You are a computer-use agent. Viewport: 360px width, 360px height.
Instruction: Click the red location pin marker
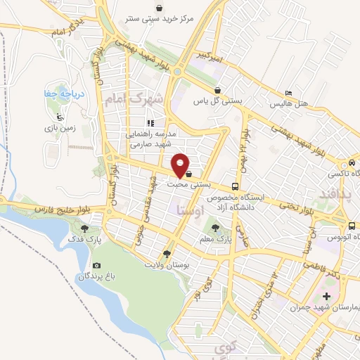181,165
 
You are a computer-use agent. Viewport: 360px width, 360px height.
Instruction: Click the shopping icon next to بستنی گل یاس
219,90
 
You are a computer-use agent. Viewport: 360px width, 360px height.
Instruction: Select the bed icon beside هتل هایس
289,94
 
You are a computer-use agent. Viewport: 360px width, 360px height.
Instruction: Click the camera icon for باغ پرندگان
96,265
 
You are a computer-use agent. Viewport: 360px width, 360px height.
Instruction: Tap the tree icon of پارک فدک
85,228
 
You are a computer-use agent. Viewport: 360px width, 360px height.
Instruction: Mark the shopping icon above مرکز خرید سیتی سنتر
160,8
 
